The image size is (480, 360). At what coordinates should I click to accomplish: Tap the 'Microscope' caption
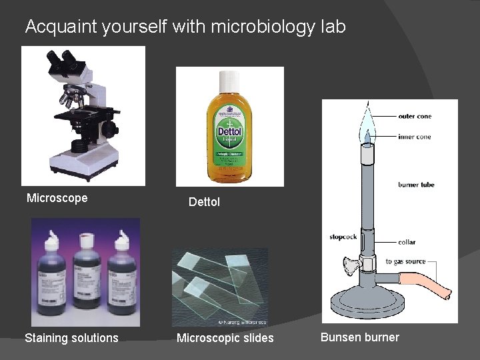57,198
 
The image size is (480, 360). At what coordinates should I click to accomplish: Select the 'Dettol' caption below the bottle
204,202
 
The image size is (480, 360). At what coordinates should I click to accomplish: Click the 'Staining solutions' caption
71,338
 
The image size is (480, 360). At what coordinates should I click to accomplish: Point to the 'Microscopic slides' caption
225,338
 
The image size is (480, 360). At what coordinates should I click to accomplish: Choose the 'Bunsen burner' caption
360,337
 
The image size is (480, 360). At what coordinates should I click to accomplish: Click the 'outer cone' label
415,117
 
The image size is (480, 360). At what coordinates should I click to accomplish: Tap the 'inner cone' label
415,137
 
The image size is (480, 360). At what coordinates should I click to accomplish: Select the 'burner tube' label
416,185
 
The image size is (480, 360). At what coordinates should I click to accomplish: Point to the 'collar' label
407,242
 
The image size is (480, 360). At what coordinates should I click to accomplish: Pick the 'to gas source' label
405,261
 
